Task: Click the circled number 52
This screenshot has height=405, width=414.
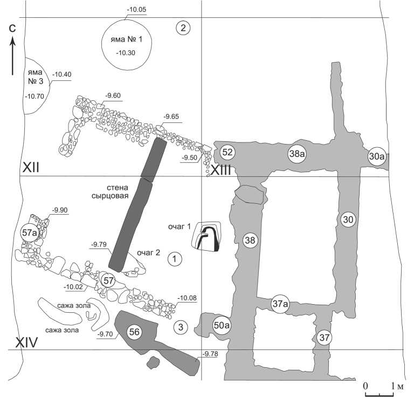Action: tap(227, 153)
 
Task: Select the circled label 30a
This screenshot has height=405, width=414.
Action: tap(376, 157)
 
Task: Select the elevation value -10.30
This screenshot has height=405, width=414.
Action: tap(125, 52)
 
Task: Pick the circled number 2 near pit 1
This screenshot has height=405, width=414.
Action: tap(183, 29)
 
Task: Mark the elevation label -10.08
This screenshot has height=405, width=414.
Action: tap(188, 298)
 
